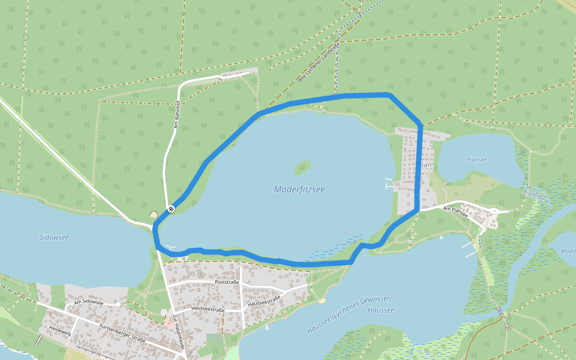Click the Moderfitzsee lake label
299,189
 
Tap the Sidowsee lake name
55,238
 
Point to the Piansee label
476,160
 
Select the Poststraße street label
226,282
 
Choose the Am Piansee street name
455,209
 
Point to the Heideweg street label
60,331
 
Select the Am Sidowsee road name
89,303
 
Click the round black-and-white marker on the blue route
171,209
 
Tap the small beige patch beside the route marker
154,214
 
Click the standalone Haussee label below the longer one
380,310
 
